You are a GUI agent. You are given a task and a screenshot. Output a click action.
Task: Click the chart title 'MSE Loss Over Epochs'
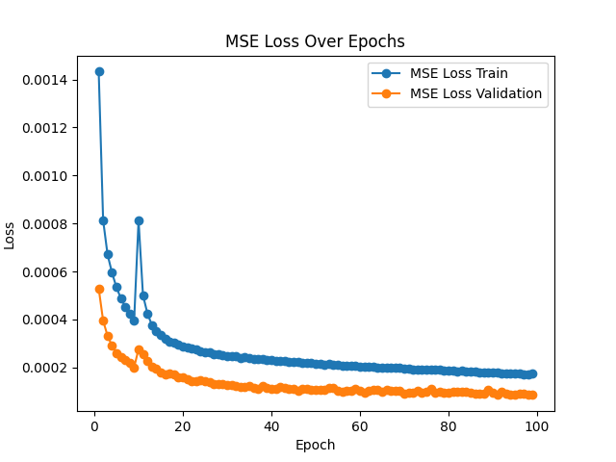(x=315, y=41)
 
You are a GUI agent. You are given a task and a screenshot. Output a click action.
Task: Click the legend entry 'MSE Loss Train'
(x=458, y=73)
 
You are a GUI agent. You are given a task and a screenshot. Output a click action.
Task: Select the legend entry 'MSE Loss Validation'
(x=475, y=94)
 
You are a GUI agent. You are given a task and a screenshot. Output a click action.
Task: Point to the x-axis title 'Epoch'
(x=315, y=445)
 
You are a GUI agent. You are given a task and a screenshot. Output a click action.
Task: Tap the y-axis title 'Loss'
(x=11, y=234)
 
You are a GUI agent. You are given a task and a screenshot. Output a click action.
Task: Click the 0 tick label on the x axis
(x=94, y=424)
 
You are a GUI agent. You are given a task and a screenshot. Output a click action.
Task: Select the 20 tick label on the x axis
(x=183, y=424)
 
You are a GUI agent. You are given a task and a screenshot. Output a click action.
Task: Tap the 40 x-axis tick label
(x=271, y=424)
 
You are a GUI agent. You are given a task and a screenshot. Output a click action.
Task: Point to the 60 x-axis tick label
(x=360, y=424)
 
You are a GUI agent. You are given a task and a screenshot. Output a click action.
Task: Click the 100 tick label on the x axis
(x=537, y=424)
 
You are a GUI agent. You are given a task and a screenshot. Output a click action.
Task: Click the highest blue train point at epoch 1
(x=99, y=71)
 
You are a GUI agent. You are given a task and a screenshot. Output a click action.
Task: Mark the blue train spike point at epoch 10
(x=139, y=220)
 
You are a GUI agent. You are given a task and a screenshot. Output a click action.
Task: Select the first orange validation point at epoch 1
(x=99, y=289)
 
